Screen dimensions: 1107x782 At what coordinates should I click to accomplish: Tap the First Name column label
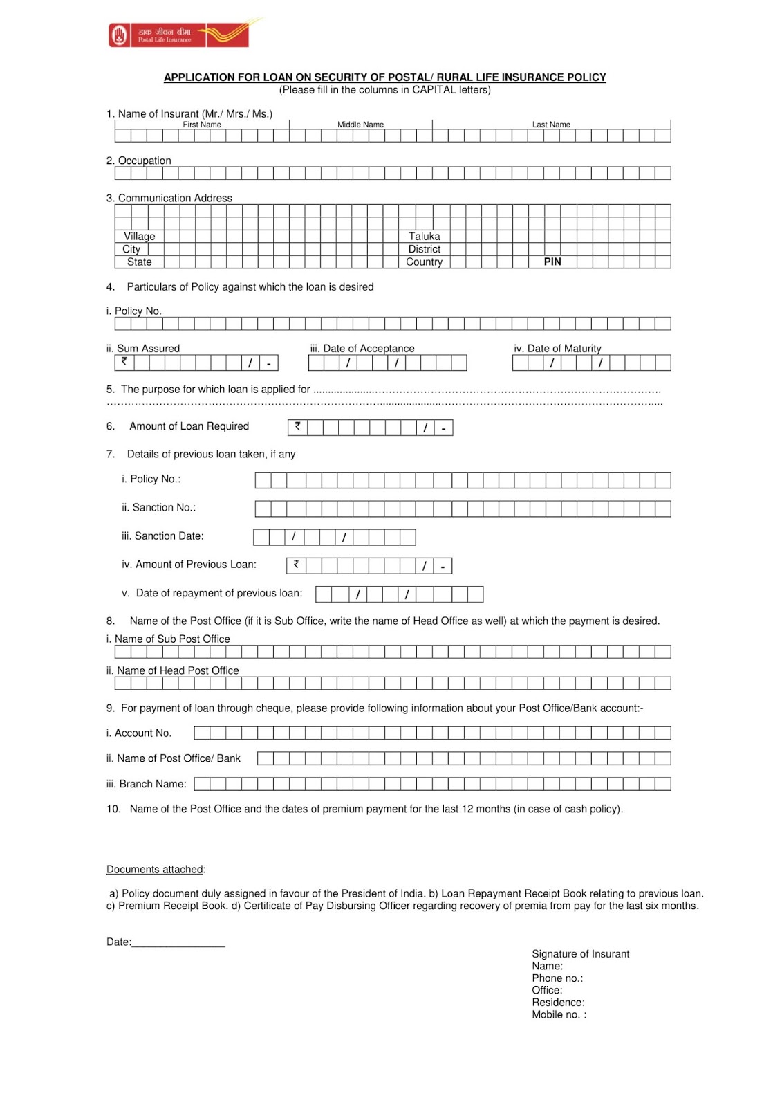(x=202, y=125)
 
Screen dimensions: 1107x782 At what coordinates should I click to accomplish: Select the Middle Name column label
(x=360, y=125)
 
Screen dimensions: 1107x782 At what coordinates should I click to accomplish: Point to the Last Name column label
(x=551, y=125)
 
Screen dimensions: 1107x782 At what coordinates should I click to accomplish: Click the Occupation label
(x=144, y=161)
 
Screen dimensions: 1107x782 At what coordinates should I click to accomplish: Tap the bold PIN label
(x=552, y=262)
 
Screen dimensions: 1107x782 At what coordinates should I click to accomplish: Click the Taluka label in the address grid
(x=424, y=236)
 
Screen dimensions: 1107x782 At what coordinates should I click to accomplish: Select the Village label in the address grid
(x=139, y=236)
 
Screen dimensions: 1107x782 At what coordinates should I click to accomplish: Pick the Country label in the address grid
(x=424, y=262)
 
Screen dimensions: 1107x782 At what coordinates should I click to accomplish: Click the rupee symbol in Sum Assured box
(x=124, y=361)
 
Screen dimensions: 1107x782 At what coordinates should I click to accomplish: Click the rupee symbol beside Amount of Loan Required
(x=297, y=426)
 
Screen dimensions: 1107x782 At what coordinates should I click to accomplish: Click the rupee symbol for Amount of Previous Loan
(x=296, y=565)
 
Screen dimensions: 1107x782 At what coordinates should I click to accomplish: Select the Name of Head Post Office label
(x=177, y=670)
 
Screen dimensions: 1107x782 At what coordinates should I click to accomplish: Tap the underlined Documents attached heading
(x=155, y=870)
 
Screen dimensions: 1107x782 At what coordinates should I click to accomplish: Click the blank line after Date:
(x=178, y=942)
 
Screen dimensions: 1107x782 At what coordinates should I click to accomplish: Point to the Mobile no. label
(x=558, y=1015)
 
